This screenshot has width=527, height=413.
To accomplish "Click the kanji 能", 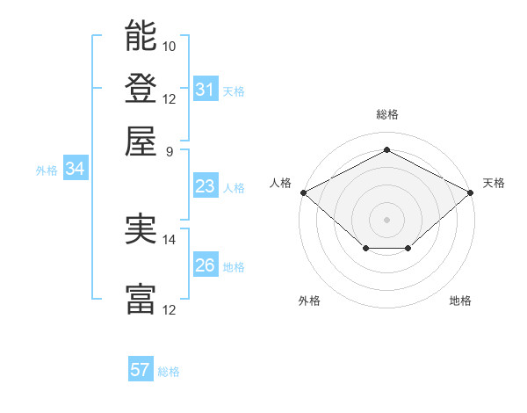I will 141,36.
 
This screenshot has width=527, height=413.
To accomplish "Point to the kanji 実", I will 141,229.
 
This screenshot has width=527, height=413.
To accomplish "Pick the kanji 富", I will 141,300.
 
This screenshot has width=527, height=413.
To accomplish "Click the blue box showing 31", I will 205,90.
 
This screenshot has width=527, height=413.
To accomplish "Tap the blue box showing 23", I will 205,186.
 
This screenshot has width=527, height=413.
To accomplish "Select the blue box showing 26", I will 205,265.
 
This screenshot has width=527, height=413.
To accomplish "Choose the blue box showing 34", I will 75,169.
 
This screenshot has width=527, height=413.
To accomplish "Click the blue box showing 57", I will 140,370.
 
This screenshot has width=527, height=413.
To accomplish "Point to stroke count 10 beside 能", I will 170,45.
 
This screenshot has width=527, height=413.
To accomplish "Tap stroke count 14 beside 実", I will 170,239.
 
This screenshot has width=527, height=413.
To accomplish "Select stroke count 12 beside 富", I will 170,309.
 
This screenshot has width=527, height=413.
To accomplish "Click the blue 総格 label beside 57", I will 169,372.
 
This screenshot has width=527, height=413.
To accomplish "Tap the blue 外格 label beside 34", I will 47,170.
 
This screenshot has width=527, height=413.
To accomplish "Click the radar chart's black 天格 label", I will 494,183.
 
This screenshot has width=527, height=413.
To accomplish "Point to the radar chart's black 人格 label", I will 281,183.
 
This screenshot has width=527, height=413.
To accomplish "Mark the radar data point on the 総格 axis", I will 386,150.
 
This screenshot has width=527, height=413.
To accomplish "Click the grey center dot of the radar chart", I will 386,219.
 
